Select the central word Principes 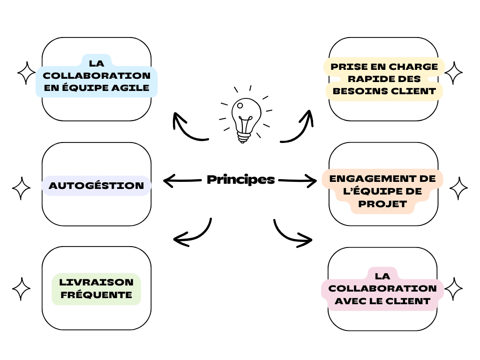tap(240, 180)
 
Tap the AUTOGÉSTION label tap(97, 186)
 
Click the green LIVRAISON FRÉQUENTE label tap(97, 289)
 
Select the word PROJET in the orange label tap(382, 204)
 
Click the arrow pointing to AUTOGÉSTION tap(180, 180)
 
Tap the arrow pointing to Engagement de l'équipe tap(298, 180)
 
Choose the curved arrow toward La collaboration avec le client tap(291, 234)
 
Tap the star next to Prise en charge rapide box tap(453, 73)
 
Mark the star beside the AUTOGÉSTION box tap(21, 188)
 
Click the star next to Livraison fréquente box tap(21, 289)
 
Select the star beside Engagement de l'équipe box tap(458, 188)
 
